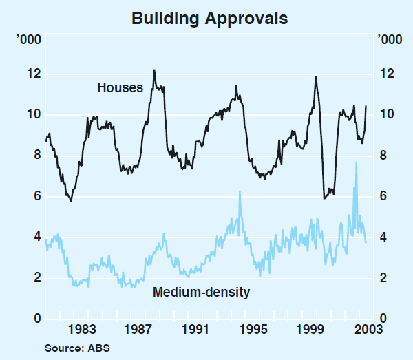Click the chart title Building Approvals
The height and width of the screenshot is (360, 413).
tap(210, 18)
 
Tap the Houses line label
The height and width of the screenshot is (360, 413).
tap(120, 87)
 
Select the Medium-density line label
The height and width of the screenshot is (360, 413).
tap(201, 292)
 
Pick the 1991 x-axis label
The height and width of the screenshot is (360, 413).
tap(198, 328)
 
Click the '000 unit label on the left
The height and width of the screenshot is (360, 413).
tap(32, 39)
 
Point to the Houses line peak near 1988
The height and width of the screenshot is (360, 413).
tap(153, 70)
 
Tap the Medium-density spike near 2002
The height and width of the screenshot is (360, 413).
tap(356, 162)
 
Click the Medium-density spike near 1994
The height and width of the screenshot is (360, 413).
tap(240, 191)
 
